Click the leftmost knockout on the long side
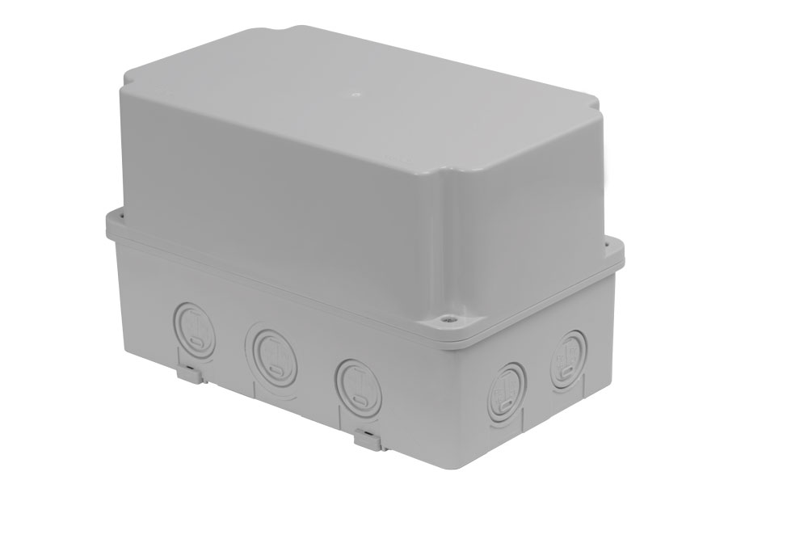coord(192,326)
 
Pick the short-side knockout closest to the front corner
coord(507,387)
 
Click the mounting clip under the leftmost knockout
coord(189,373)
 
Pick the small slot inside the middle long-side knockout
coord(274,371)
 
